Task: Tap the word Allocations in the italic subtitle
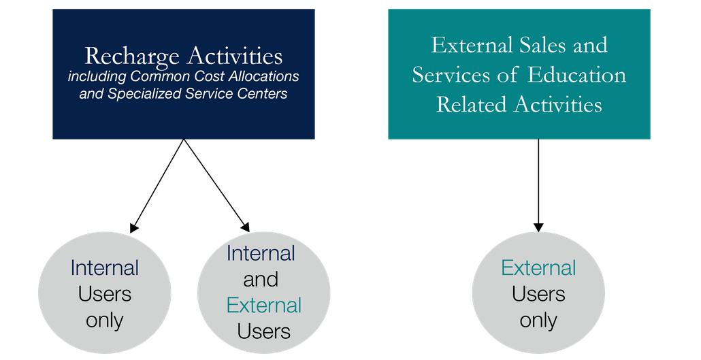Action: [x=261, y=76]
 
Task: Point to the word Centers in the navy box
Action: [x=261, y=94]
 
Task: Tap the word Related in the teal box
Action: [x=470, y=105]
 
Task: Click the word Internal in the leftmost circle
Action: [x=104, y=267]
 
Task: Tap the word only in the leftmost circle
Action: [x=104, y=320]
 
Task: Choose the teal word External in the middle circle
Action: [x=263, y=305]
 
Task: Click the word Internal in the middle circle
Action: [x=261, y=253]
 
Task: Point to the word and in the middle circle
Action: [x=261, y=279]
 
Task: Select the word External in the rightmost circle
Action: [x=538, y=267]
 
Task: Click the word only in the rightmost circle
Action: [x=538, y=320]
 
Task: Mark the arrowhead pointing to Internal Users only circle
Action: [x=134, y=228]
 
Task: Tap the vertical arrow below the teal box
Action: [x=538, y=184]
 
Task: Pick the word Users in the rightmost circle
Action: [x=538, y=294]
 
